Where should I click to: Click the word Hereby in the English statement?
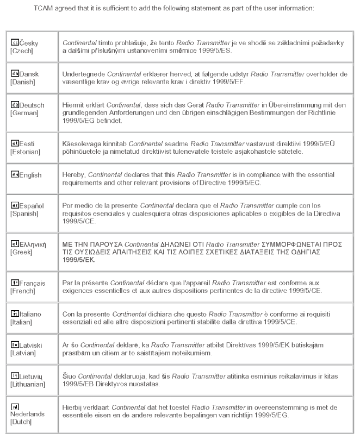pyautogui.click(x=72, y=175)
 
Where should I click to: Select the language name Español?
pyautogui.click(x=32, y=206)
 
